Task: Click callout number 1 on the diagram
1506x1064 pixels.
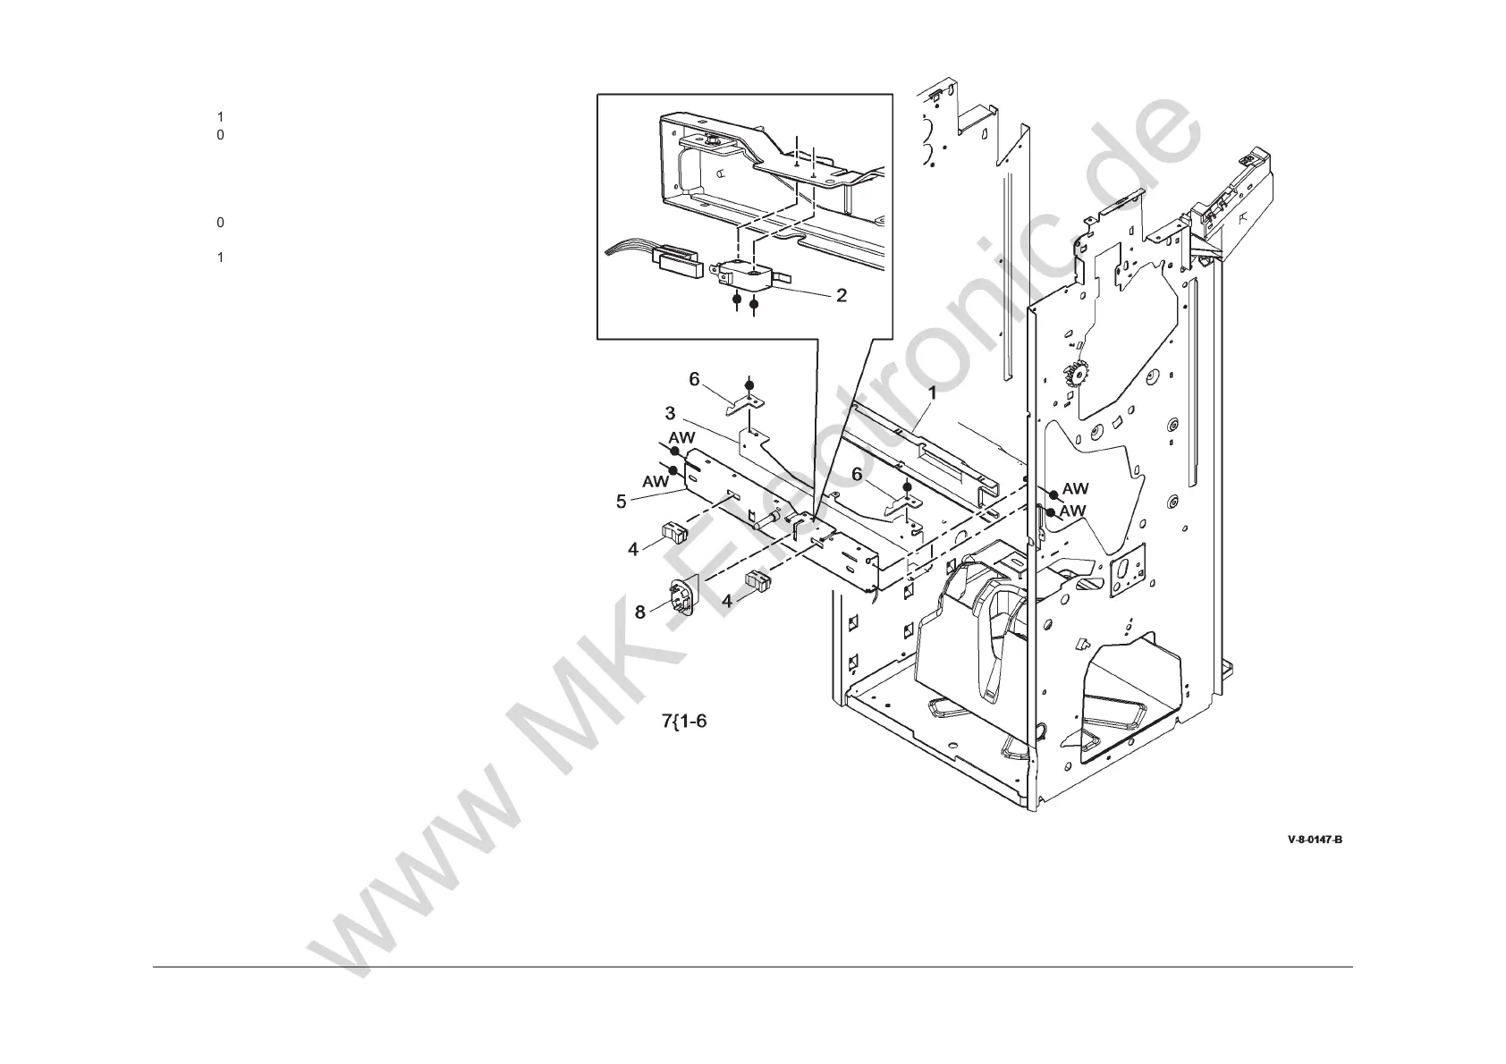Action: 931,392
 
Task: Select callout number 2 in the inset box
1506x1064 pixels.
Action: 841,294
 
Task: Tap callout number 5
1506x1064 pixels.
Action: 621,502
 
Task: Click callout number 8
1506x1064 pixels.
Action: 639,612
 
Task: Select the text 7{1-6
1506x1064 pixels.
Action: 684,721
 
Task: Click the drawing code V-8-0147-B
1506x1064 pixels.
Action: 1315,840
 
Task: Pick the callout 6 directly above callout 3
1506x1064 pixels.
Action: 694,379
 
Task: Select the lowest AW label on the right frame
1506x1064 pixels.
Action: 1072,511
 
